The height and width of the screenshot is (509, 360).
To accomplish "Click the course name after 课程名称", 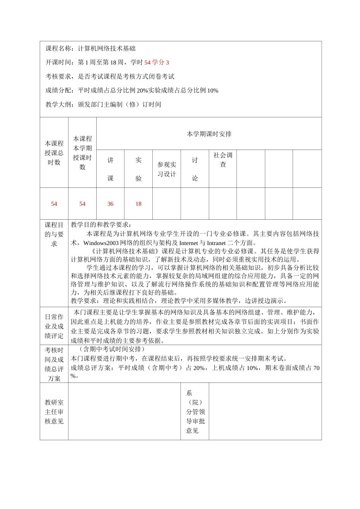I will click(x=106, y=48).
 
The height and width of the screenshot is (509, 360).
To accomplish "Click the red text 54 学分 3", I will click(x=157, y=62).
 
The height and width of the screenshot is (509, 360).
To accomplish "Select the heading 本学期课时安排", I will click(x=209, y=134).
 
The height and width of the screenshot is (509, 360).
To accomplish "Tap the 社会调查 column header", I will click(x=223, y=160).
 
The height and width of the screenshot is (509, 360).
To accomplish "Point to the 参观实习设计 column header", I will click(x=167, y=169).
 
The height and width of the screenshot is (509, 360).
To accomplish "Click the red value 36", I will click(x=110, y=204).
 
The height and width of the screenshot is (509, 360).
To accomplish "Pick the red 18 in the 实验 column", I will click(x=138, y=204).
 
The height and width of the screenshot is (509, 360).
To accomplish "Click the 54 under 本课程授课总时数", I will click(x=54, y=204).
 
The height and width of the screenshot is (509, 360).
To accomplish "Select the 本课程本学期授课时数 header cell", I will click(x=82, y=153).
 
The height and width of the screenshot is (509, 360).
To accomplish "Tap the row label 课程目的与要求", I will click(x=54, y=234).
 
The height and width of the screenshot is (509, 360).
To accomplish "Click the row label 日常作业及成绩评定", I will click(x=54, y=326).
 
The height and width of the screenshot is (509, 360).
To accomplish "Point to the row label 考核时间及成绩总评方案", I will click(x=54, y=364).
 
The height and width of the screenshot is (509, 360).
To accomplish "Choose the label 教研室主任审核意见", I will click(x=54, y=412).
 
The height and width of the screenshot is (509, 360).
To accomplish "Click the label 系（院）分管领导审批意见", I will click(x=195, y=412).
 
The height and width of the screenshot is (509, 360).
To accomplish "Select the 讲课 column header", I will click(x=110, y=169).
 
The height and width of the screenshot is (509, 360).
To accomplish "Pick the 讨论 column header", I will click(x=195, y=169).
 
